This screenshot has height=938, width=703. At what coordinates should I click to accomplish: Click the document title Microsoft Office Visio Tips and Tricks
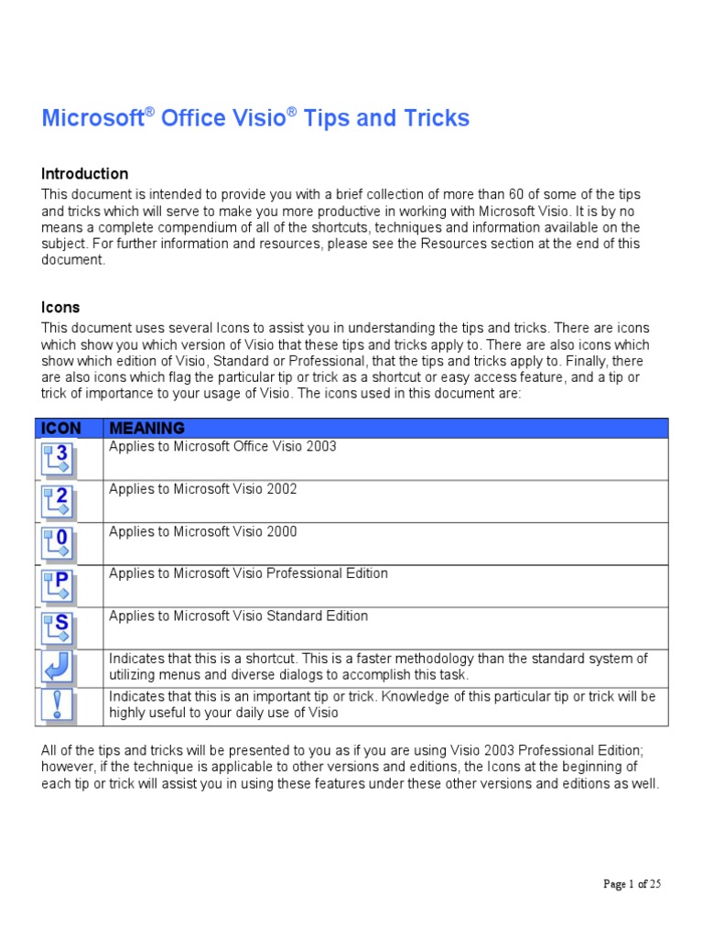(x=255, y=118)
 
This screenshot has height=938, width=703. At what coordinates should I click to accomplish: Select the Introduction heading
(x=85, y=173)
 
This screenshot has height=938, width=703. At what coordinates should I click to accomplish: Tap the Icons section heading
(x=60, y=307)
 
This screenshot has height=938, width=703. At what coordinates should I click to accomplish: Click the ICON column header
(x=59, y=428)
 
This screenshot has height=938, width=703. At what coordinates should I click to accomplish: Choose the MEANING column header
(x=146, y=428)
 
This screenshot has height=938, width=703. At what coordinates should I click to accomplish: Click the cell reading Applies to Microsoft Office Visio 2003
(x=222, y=447)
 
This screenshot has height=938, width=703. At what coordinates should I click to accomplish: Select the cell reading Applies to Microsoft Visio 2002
(x=203, y=489)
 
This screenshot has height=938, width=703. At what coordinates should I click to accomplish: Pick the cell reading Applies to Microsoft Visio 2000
(x=203, y=531)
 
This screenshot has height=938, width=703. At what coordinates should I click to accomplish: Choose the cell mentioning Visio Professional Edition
(x=248, y=573)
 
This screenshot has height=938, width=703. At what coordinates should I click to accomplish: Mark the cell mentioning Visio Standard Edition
(x=238, y=616)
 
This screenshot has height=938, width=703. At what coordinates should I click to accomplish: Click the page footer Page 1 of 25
(x=632, y=884)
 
